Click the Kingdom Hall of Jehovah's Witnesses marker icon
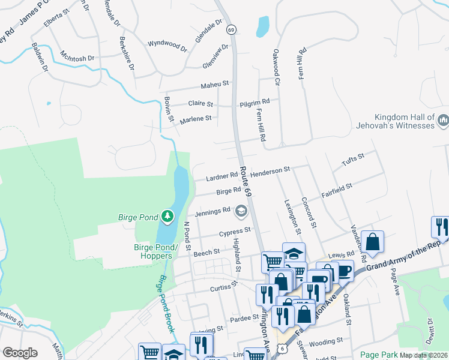click(x=443, y=121)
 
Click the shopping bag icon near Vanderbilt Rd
click(x=372, y=242)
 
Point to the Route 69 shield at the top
click(x=231, y=29)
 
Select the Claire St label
click(x=200, y=104)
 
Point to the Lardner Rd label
click(x=221, y=177)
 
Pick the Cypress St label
click(x=234, y=232)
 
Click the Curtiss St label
click(x=224, y=289)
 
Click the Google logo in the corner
click(x=20, y=353)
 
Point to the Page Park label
click(x=378, y=355)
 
